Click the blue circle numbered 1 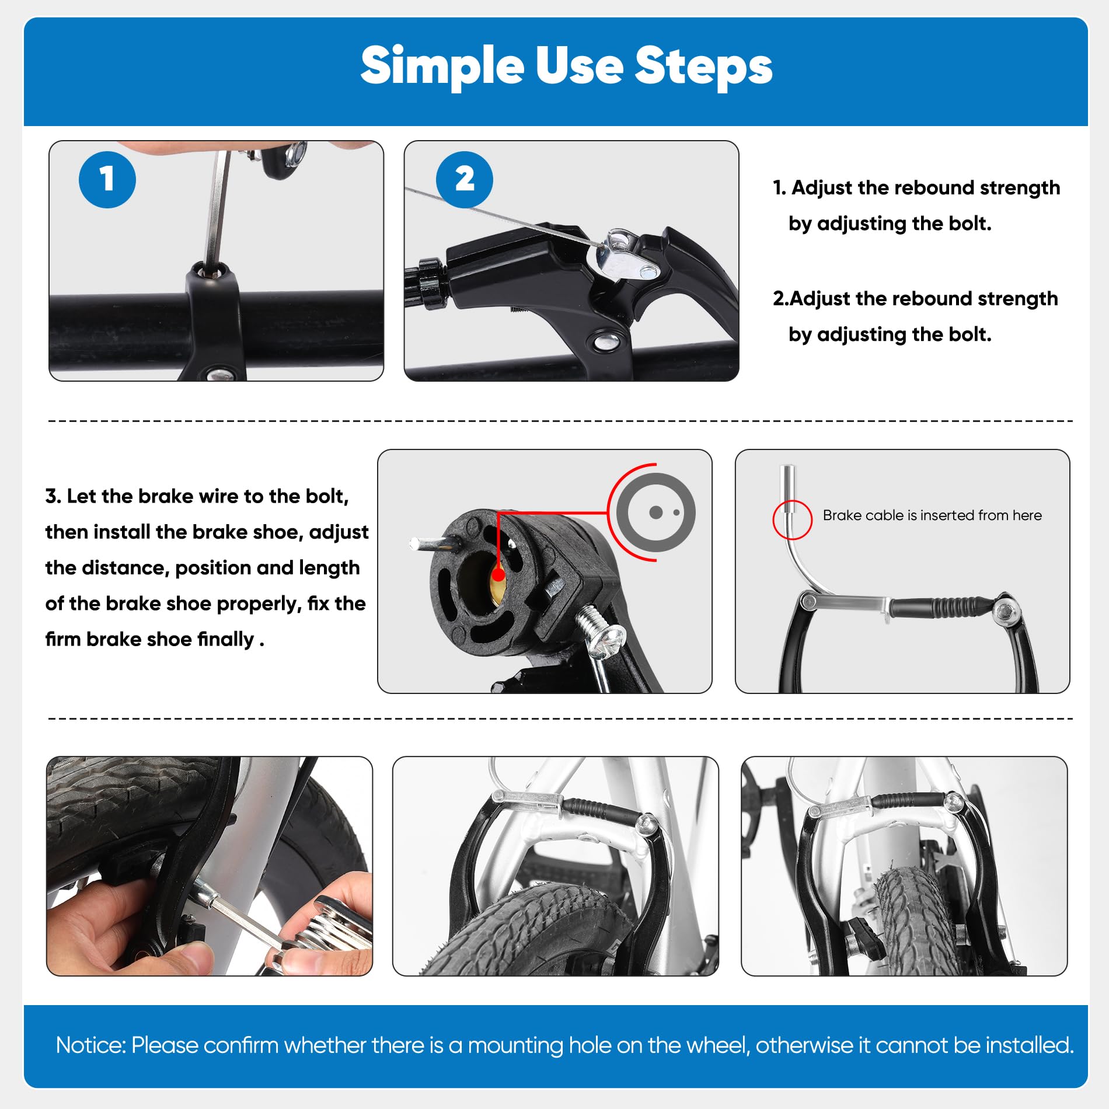tap(107, 179)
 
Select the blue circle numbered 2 tap(465, 179)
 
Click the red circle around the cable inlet tap(792, 519)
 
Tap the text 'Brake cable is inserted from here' tap(932, 515)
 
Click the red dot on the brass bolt tap(498, 575)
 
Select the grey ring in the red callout tap(656, 512)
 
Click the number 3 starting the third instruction tap(53, 496)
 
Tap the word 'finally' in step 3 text tap(225, 639)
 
